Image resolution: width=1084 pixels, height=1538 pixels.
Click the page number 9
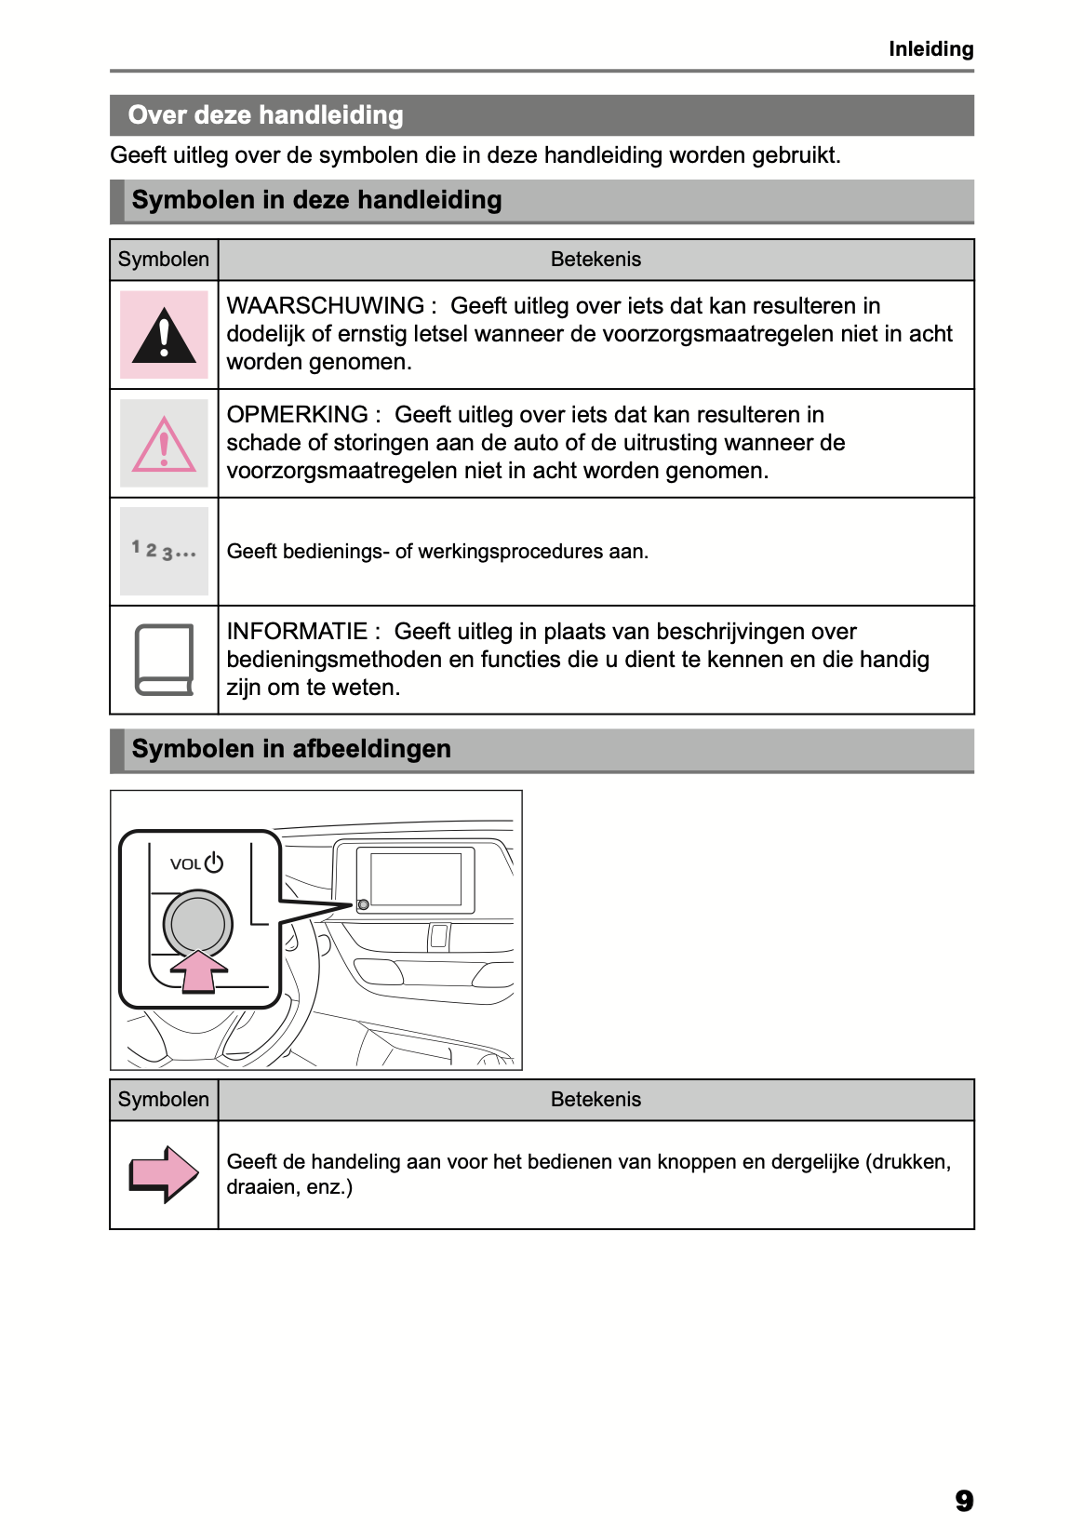(964, 1501)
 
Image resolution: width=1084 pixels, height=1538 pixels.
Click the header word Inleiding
(930, 49)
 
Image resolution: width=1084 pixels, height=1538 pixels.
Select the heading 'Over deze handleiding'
(265, 115)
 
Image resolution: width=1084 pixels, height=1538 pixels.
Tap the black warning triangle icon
(164, 336)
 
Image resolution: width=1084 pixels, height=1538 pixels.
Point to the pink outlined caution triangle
(164, 445)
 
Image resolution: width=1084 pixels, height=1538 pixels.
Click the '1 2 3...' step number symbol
(164, 551)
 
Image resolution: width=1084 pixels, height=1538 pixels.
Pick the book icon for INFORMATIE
(164, 660)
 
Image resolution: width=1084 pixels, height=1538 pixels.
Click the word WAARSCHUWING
(326, 306)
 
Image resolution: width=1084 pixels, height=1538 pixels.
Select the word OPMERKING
(298, 415)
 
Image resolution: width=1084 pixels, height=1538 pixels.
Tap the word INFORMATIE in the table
(298, 632)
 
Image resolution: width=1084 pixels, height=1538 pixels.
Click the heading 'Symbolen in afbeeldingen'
(291, 749)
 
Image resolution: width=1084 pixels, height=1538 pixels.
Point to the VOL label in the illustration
(185, 864)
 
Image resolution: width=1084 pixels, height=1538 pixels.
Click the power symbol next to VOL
(214, 863)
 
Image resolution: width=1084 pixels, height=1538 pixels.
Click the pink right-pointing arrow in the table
(164, 1173)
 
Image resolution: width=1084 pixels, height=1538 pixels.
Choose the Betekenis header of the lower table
(596, 1100)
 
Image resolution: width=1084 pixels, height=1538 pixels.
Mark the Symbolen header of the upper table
(164, 260)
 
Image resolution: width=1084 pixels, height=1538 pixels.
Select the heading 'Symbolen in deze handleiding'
(316, 200)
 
